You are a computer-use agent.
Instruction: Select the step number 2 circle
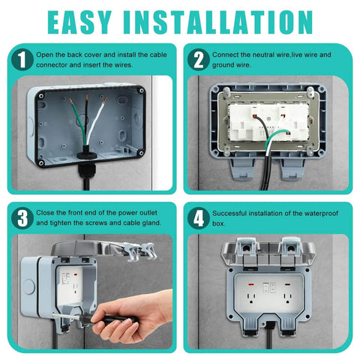tap(199, 59)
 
